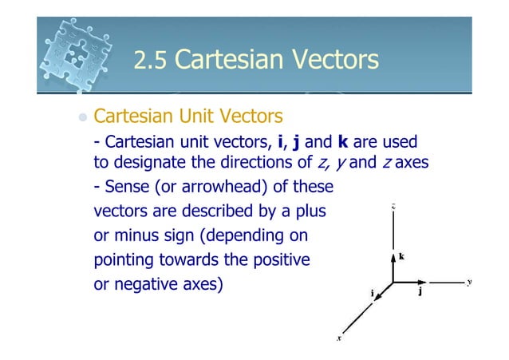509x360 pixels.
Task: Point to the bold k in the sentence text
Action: click(x=344, y=142)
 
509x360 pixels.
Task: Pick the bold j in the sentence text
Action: click(x=296, y=143)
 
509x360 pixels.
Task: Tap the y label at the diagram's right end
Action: click(x=470, y=281)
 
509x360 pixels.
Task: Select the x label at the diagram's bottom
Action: click(x=339, y=338)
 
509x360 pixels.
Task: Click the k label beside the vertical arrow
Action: click(x=401, y=257)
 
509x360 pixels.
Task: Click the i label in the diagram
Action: click(x=372, y=292)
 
